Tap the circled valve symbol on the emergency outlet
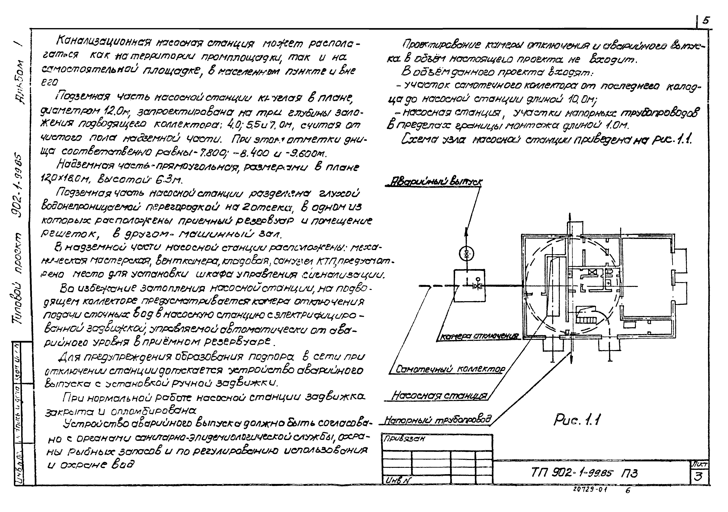click(466, 253)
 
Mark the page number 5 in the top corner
click(706, 21)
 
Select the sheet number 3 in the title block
click(698, 476)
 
